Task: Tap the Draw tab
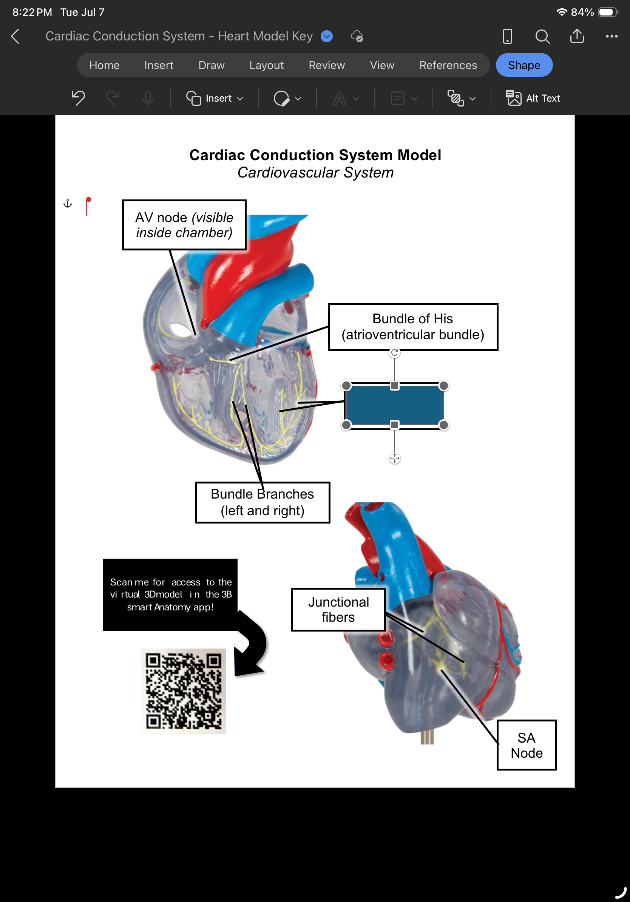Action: [x=211, y=65]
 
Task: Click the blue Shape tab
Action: [x=524, y=65]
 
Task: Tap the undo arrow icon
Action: [x=78, y=98]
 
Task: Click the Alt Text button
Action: [x=533, y=98]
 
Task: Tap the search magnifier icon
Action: [x=542, y=37]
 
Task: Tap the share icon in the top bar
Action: [x=577, y=36]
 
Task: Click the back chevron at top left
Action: [x=15, y=36]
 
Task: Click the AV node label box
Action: [x=184, y=225]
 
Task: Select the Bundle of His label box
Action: [x=413, y=326]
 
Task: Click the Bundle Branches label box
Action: [x=262, y=502]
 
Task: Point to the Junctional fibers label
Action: [x=338, y=609]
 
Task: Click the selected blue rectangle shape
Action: [x=394, y=405]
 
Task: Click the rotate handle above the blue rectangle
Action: [x=394, y=352]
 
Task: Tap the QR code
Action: [x=184, y=690]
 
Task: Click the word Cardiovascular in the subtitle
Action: [x=288, y=173]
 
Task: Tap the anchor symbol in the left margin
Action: [x=68, y=204]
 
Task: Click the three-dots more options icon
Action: [x=611, y=36]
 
